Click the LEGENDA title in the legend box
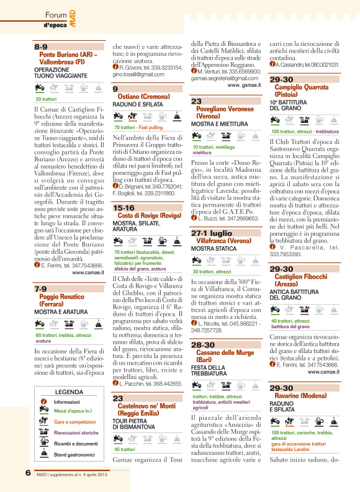(x=69, y=392)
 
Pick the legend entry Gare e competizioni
(x=73, y=421)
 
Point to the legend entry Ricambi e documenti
(x=76, y=444)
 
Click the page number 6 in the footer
(x=28, y=473)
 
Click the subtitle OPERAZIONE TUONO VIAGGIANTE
(x=61, y=71)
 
